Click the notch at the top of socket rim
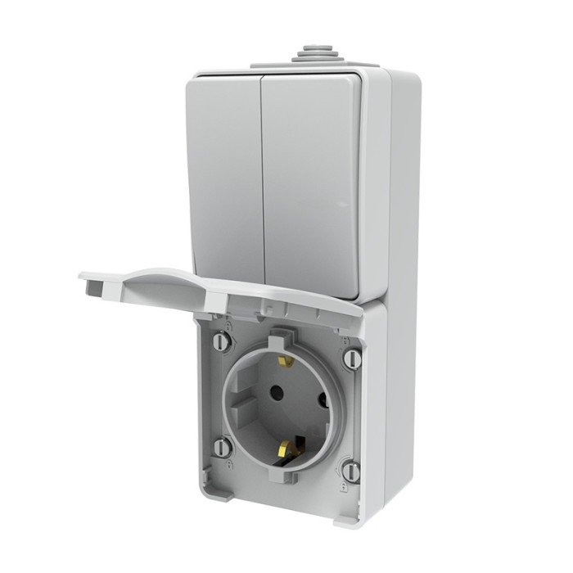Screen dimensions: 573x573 282,335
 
